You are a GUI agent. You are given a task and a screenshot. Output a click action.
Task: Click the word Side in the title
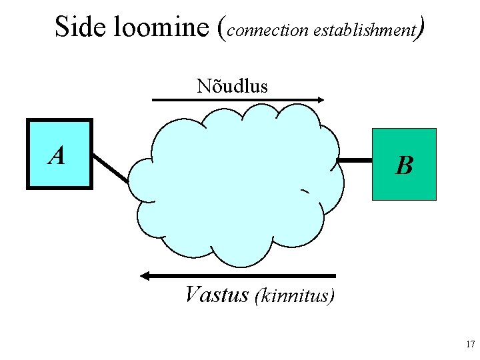click(x=77, y=27)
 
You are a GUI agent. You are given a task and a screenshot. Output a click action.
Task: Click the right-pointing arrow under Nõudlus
click(x=238, y=100)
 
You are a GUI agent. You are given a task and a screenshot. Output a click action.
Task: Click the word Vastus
click(x=217, y=294)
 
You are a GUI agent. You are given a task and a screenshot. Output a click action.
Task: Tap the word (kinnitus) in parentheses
click(x=294, y=295)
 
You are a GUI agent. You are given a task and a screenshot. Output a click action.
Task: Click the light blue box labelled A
click(x=59, y=154)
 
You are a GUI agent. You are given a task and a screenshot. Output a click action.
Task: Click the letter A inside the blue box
click(x=57, y=156)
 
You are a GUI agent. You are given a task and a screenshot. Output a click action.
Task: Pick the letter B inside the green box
click(x=403, y=165)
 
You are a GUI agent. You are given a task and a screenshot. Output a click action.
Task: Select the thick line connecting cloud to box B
click(x=355, y=161)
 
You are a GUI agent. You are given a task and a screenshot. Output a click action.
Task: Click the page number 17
click(x=469, y=345)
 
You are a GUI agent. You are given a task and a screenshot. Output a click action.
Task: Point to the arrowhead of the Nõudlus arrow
click(x=321, y=100)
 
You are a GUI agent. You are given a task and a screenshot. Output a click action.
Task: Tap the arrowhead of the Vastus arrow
click(x=146, y=275)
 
